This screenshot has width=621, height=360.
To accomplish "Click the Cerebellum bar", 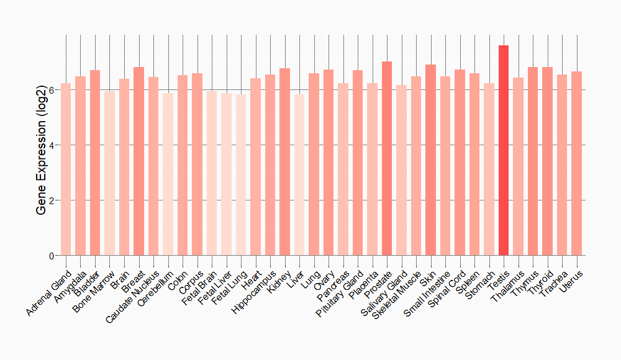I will pyautogui.click(x=168, y=174).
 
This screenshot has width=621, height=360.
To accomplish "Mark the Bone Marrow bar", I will pyautogui.click(x=109, y=173).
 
